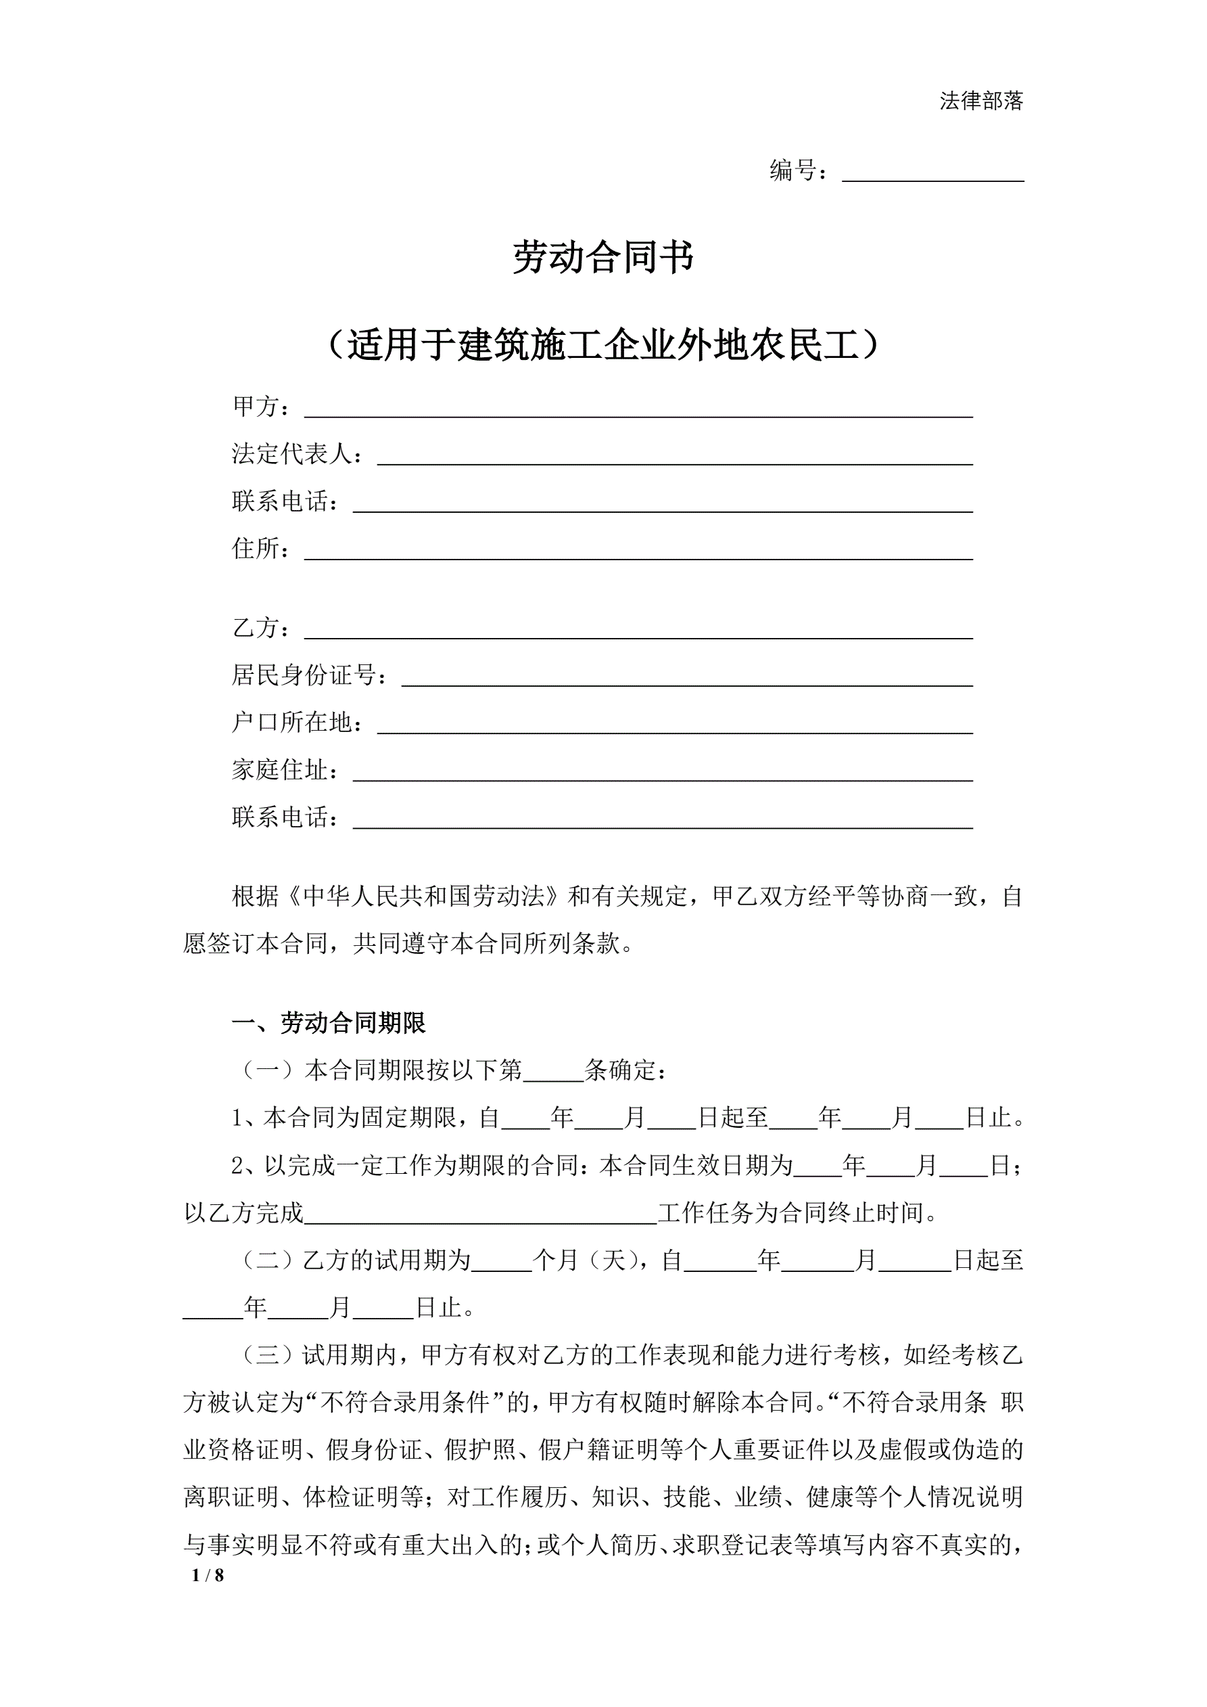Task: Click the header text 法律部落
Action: point(981,101)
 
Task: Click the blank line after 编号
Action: point(932,173)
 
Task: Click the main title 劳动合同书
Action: point(602,257)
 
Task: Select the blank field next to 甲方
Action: point(638,408)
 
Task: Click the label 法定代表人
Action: point(298,453)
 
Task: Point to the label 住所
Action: point(260,549)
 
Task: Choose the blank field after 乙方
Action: point(638,629)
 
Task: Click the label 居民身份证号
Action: point(308,675)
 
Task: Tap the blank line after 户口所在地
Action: point(675,723)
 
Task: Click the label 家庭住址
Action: point(285,770)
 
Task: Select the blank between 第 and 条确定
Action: point(554,1071)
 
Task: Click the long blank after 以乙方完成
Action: point(481,1213)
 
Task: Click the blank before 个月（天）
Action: point(502,1261)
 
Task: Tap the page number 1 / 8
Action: point(208,1574)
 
